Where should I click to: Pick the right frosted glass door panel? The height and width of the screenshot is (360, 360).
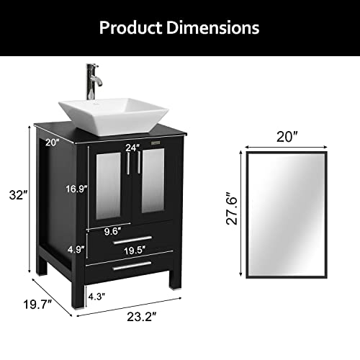pyautogui.click(x=153, y=186)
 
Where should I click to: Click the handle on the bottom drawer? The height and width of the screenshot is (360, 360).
pyautogui.click(x=132, y=264)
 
